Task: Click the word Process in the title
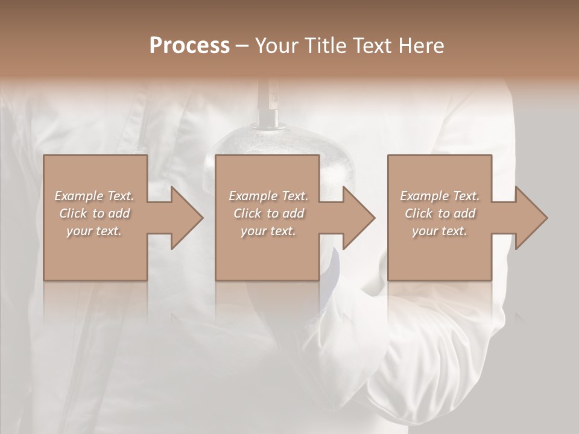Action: click(189, 46)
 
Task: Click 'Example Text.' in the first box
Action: click(94, 196)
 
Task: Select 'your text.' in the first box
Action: click(94, 231)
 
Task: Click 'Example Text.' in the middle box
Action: click(268, 196)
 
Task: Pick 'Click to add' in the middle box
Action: click(268, 213)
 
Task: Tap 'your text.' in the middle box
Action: click(268, 231)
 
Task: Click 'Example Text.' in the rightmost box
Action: click(440, 196)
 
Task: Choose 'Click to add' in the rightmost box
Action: click(440, 213)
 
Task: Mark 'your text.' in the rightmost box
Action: click(440, 231)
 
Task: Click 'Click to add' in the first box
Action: click(94, 213)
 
